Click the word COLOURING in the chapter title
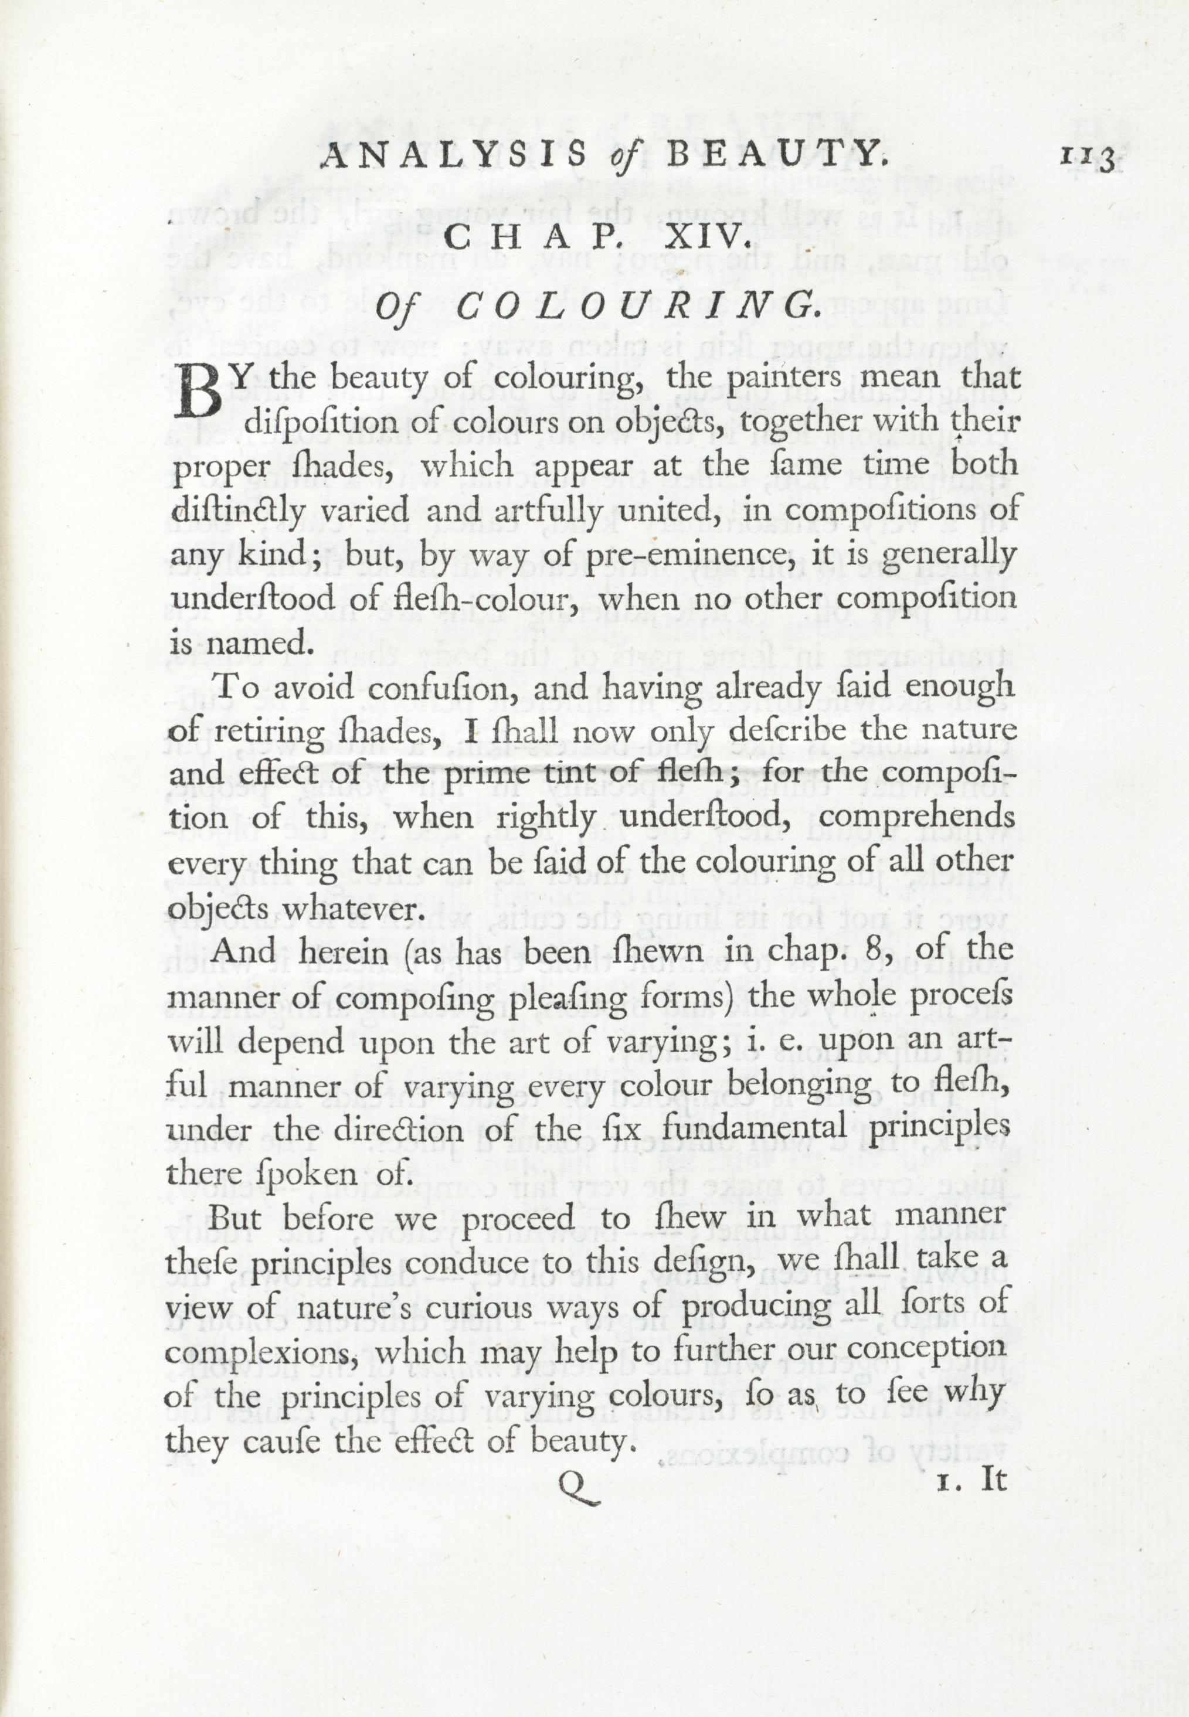point(633,306)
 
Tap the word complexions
point(270,1352)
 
